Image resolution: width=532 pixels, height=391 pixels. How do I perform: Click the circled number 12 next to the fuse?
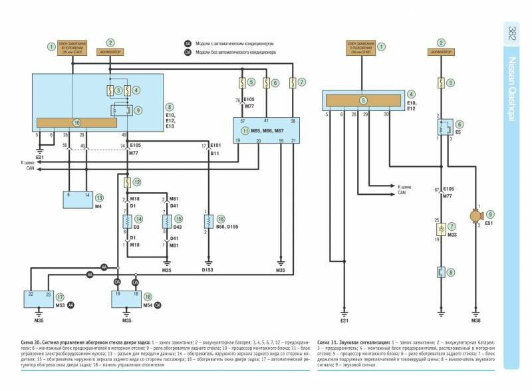click(x=136, y=182)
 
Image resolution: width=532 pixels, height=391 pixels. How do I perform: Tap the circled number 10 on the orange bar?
click(x=76, y=123)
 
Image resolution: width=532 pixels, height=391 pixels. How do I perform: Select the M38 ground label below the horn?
click(x=477, y=321)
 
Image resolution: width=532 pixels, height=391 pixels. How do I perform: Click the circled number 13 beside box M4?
click(x=100, y=197)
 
